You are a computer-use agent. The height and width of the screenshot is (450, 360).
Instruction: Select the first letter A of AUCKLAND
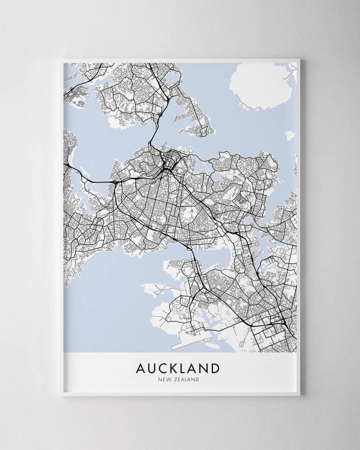(140, 367)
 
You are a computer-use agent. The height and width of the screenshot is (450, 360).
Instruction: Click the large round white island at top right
(258, 88)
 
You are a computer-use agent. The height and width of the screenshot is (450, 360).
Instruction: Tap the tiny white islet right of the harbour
(290, 136)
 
